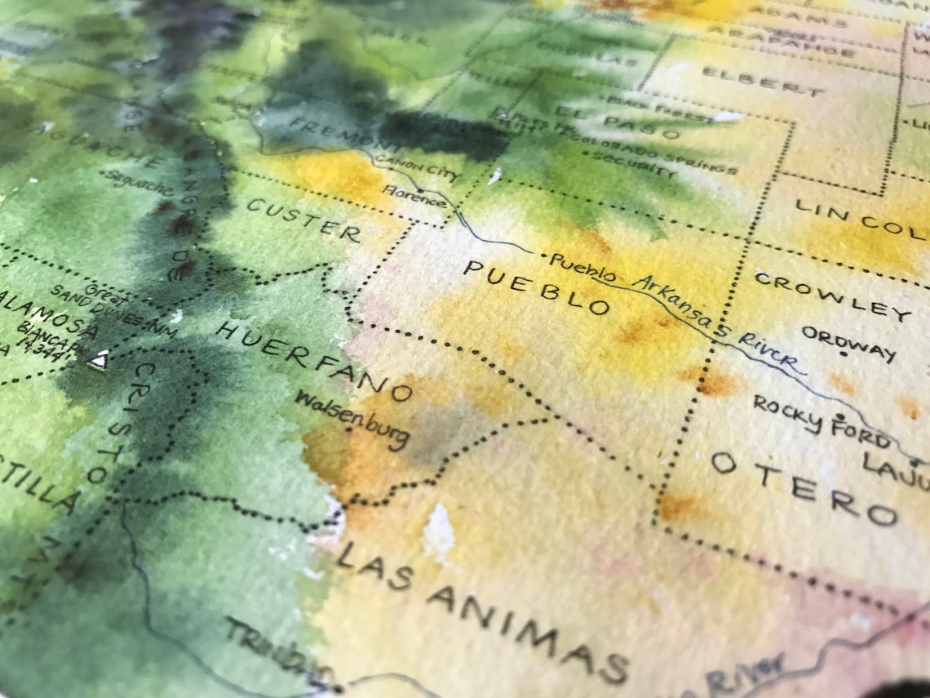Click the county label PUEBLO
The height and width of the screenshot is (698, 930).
pos(536,288)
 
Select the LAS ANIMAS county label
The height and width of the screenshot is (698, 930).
pos(481,612)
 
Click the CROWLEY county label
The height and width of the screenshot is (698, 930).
pos(832,296)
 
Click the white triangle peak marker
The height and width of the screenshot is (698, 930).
pos(99,360)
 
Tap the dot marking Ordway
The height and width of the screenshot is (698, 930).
pos(844,354)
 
